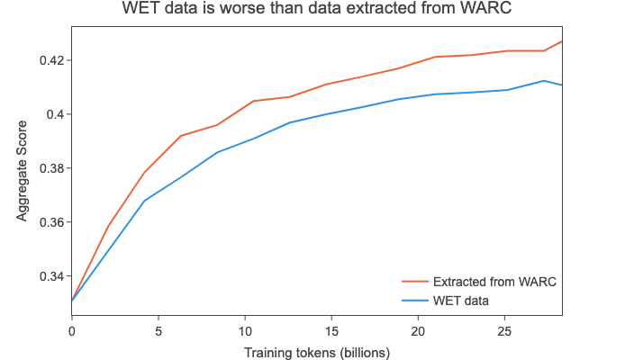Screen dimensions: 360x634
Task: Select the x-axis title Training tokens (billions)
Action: point(316,352)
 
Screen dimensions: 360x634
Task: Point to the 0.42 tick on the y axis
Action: point(50,60)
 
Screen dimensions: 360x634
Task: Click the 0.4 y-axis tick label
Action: point(54,114)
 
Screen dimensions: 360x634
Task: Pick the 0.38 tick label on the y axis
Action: point(50,168)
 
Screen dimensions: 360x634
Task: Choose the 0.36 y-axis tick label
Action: point(50,222)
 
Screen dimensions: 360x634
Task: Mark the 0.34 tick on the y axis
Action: point(50,276)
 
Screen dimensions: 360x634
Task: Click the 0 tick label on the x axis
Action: point(72,330)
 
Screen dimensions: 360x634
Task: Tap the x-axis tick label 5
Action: point(158,330)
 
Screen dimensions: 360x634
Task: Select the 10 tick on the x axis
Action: point(245,330)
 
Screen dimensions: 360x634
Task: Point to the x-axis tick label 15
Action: point(331,330)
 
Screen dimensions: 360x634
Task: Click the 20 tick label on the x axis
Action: point(418,330)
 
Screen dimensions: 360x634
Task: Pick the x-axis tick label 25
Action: point(504,330)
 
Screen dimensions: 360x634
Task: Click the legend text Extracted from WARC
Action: point(494,282)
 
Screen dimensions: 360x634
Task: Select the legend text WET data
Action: point(460,299)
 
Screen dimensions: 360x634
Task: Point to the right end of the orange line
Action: point(562,40)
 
